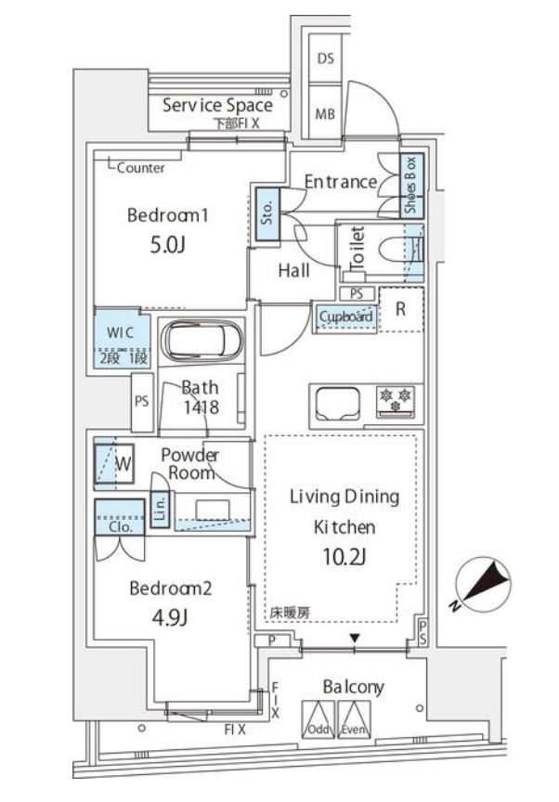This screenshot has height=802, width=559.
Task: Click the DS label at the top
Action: [325, 58]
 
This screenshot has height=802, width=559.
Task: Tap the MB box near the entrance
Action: [325, 114]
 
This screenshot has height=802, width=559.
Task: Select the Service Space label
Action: [217, 105]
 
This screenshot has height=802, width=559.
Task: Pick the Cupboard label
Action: [346, 317]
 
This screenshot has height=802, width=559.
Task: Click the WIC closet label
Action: [119, 332]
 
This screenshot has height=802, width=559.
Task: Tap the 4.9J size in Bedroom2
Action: [171, 618]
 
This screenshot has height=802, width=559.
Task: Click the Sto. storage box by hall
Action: [265, 215]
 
